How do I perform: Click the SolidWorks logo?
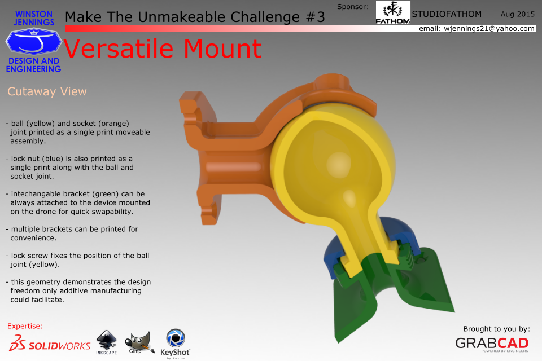pos(50,344)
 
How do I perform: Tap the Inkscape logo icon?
pos(107,342)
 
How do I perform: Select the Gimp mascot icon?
pos(139,343)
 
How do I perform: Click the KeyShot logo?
pos(175,344)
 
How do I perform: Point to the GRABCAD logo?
pos(492,344)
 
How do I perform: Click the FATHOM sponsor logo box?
pos(393,12)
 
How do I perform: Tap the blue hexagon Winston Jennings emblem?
pos(33,42)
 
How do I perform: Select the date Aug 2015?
pos(518,14)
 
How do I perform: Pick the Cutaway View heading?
pos(47,91)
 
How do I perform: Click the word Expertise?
pos(25,326)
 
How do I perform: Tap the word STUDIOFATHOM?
pos(447,14)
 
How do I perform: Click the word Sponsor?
pos(352,7)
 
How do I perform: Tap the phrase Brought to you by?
pos(496,329)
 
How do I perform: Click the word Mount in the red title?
pos(222,49)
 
